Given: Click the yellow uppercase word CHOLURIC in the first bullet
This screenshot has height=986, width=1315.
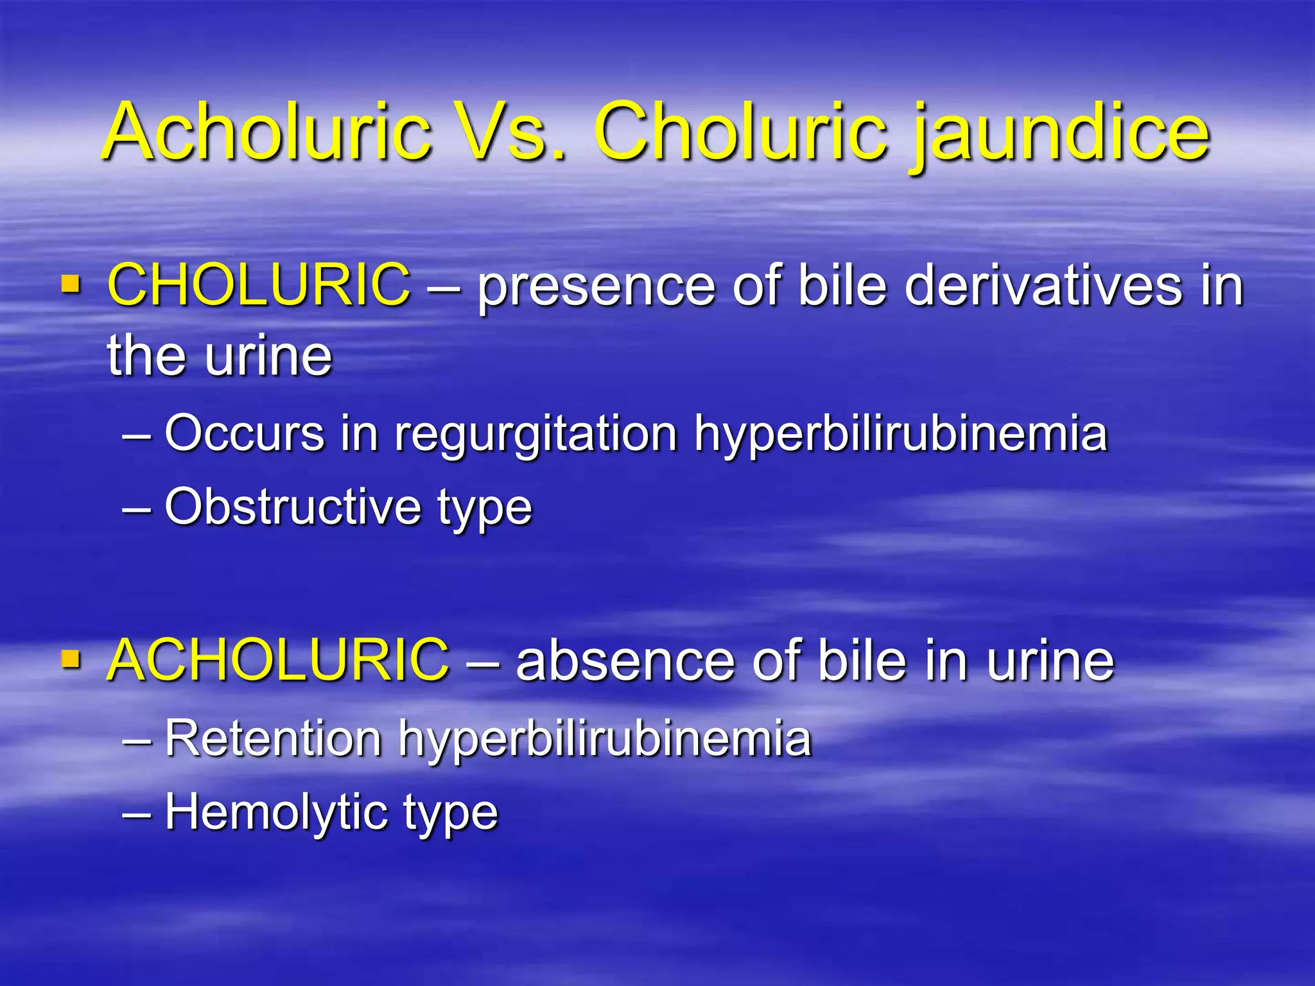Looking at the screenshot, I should coord(259,284).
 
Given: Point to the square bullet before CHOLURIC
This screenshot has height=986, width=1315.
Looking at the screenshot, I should coord(71,284).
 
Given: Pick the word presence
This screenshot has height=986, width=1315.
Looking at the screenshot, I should coord(596,287).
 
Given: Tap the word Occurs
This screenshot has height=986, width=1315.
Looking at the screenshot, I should coord(245,433).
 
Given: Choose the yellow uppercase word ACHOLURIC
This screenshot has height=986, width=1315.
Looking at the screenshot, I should coord(279,659).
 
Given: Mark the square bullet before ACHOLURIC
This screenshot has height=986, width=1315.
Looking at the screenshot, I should coord(71,659).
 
